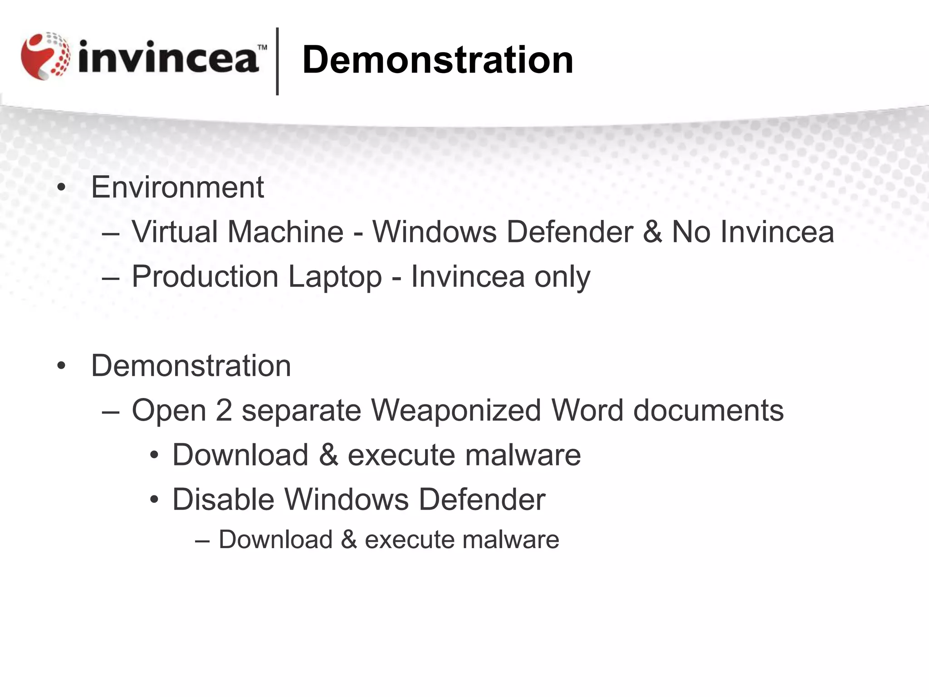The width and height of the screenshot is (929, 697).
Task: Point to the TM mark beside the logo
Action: [262, 47]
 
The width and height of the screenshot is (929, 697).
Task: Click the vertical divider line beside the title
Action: [277, 61]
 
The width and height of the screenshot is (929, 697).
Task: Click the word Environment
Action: [177, 187]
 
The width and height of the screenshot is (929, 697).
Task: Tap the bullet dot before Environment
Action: [62, 188]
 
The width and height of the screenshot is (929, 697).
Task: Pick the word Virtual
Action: [175, 231]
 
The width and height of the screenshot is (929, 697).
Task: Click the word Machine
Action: [285, 231]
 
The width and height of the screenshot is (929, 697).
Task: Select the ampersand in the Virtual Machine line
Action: [652, 231]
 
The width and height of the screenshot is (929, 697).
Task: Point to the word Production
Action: [205, 276]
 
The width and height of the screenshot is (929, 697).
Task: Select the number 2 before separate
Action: [224, 410]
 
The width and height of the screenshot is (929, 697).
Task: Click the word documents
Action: [708, 410]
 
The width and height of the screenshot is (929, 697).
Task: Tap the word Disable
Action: [223, 499]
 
